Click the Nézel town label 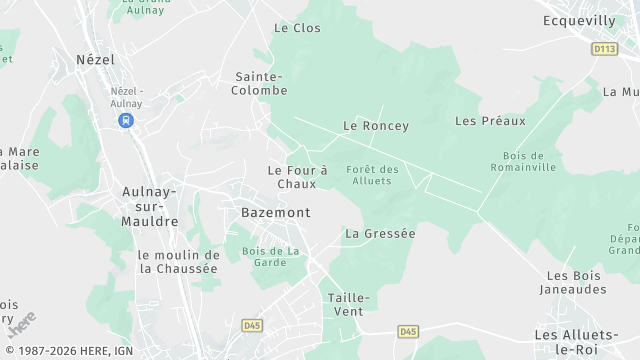pyautogui.click(x=96, y=60)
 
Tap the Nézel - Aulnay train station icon pyautogui.click(x=126, y=120)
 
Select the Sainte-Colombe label pyautogui.click(x=261, y=83)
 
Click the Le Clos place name pyautogui.click(x=297, y=28)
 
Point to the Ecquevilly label pyautogui.click(x=580, y=20)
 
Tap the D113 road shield pyautogui.click(x=604, y=48)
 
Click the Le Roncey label pyautogui.click(x=376, y=126)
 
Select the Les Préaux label pyautogui.click(x=490, y=121)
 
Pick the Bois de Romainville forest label pyautogui.click(x=523, y=161)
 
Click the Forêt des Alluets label pyautogui.click(x=373, y=175)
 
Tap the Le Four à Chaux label pyautogui.click(x=297, y=177)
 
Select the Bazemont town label pyautogui.click(x=276, y=213)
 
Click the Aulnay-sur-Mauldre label pyautogui.click(x=150, y=206)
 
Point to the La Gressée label pyautogui.click(x=379, y=233)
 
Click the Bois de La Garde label pyautogui.click(x=270, y=256)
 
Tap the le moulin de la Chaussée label pyautogui.click(x=178, y=261)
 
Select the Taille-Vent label pyautogui.click(x=349, y=305)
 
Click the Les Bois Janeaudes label pyautogui.click(x=576, y=282)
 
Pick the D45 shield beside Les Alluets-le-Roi pyautogui.click(x=407, y=331)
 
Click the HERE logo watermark pyautogui.click(x=21, y=325)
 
